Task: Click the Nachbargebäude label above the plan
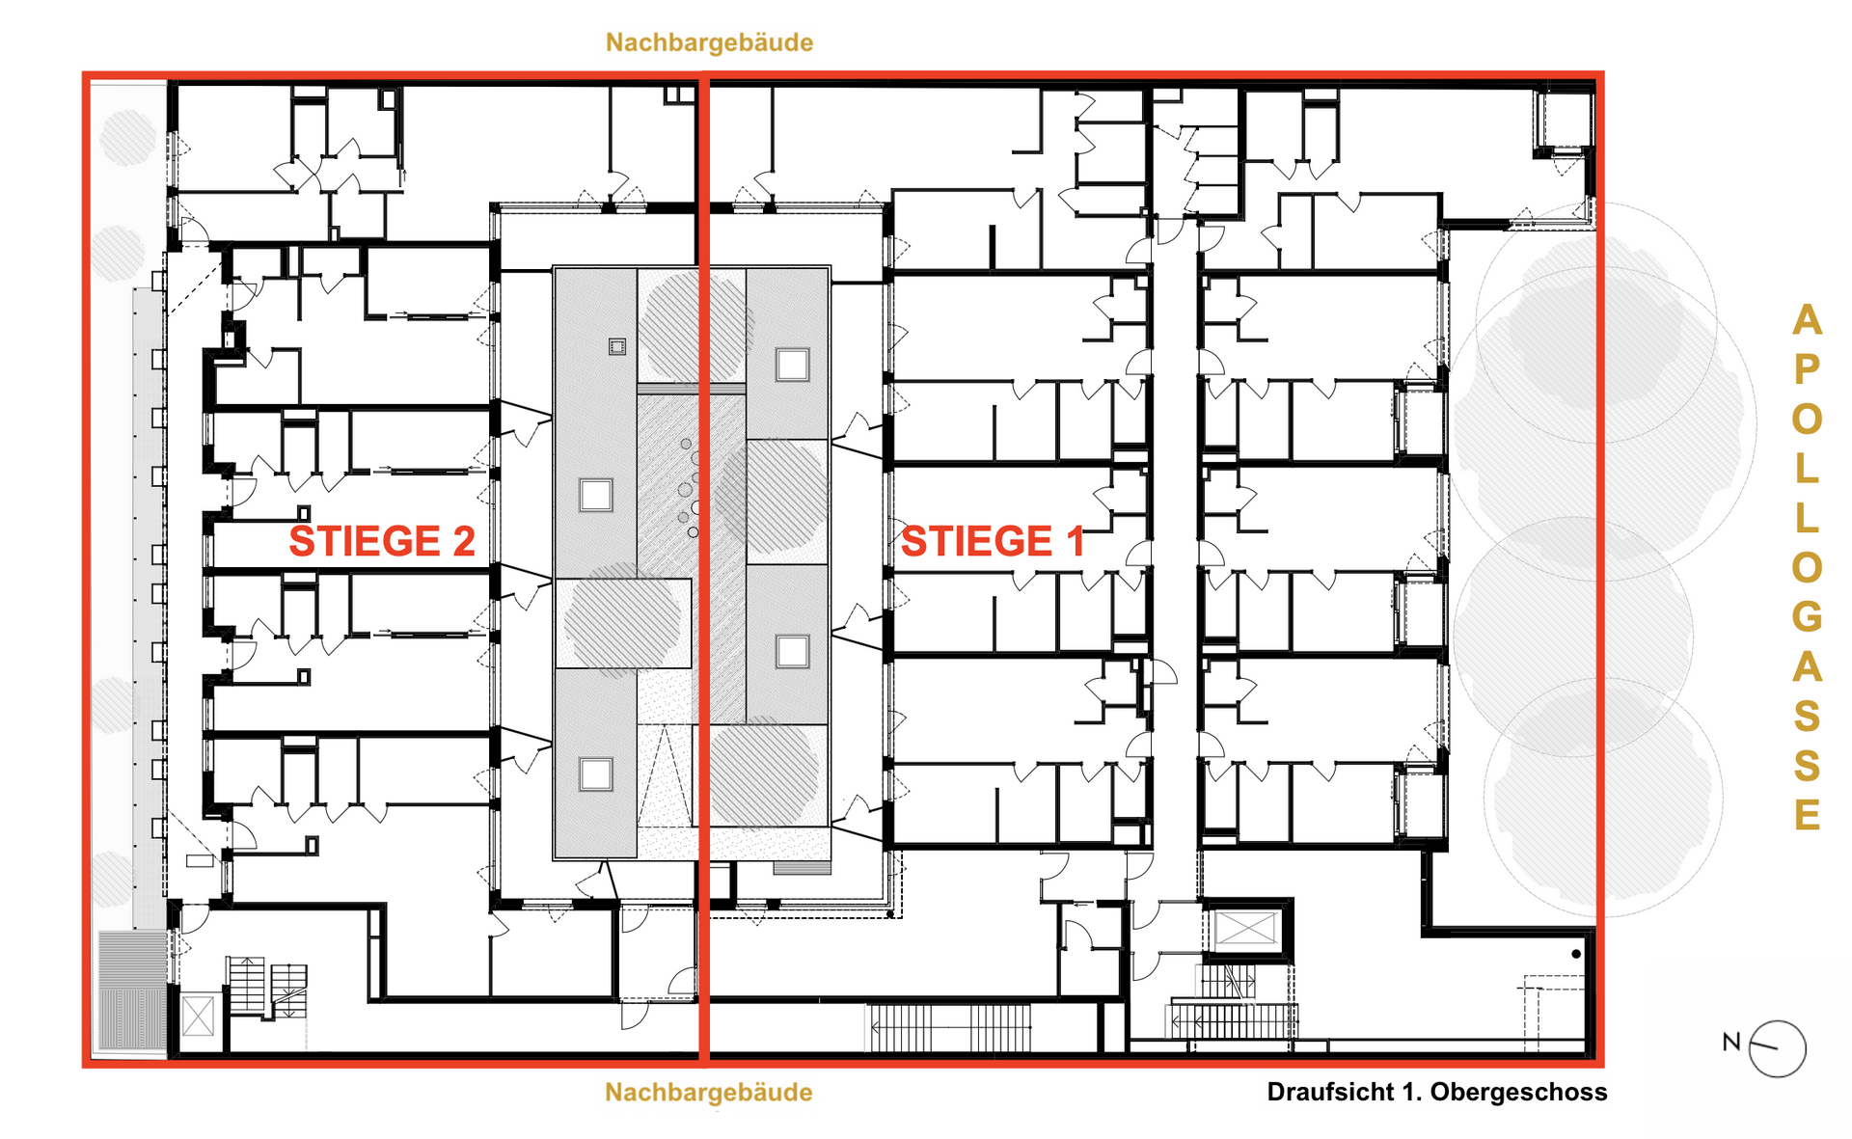[x=709, y=42]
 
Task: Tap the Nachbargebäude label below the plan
[x=709, y=1093]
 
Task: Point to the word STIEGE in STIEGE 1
[x=976, y=541]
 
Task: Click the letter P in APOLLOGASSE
[x=1808, y=368]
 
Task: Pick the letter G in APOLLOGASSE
[x=1808, y=616]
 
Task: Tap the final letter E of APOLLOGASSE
[x=1808, y=815]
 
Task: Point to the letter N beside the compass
[x=1731, y=1042]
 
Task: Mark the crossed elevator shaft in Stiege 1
[x=1245, y=930]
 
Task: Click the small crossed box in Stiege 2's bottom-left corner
[x=198, y=1017]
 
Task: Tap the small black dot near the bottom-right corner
[x=1576, y=954]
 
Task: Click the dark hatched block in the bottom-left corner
[x=132, y=990]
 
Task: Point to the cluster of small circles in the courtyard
[x=688, y=488]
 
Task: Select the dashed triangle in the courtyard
[x=665, y=775]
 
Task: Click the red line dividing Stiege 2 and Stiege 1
[x=704, y=569]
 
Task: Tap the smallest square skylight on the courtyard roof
[x=617, y=347]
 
